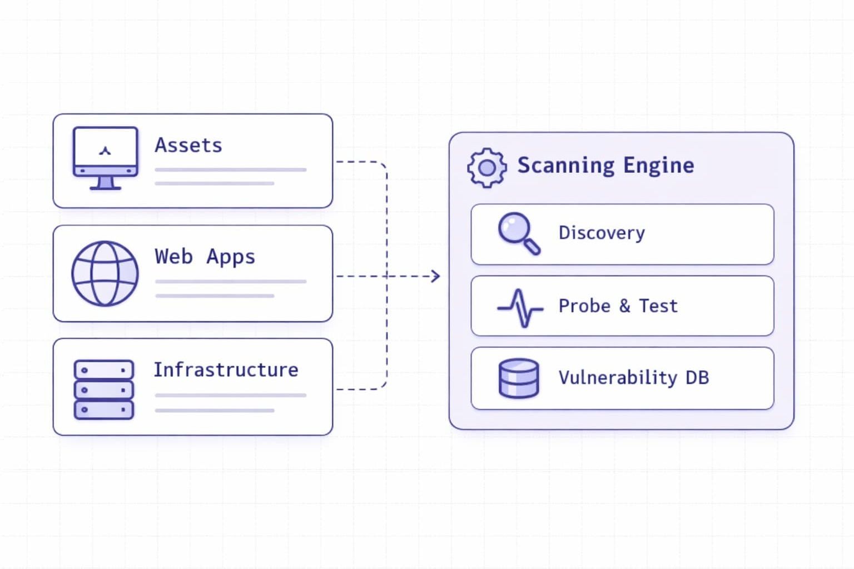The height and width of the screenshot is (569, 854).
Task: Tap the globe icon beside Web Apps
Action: [x=105, y=273]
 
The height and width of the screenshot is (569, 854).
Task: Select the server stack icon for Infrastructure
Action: [x=104, y=389]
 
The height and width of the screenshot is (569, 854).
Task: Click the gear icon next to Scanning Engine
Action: [x=487, y=167]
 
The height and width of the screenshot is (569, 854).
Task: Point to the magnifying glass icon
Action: [x=518, y=233]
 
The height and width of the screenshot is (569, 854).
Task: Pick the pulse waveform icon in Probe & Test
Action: [x=520, y=307]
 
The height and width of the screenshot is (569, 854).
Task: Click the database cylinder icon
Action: [x=519, y=378]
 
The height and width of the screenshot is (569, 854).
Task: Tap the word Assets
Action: [x=188, y=146]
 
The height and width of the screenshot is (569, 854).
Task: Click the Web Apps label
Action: [x=205, y=257]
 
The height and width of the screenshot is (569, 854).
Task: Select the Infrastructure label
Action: [x=226, y=370]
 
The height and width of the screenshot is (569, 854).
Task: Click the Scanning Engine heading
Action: [x=605, y=166]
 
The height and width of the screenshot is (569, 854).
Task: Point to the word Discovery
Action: [x=602, y=233]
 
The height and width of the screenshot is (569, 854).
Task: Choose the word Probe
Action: [x=584, y=306]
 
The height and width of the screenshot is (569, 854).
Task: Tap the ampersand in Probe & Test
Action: [x=625, y=306]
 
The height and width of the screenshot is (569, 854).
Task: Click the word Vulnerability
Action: [x=618, y=378]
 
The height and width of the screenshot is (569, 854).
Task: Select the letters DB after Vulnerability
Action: [x=697, y=378]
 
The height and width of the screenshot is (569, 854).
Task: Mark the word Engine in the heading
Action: [x=659, y=166]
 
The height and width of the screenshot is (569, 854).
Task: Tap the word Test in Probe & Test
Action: [x=658, y=306]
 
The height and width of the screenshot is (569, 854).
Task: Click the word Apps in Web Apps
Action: [x=231, y=257]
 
